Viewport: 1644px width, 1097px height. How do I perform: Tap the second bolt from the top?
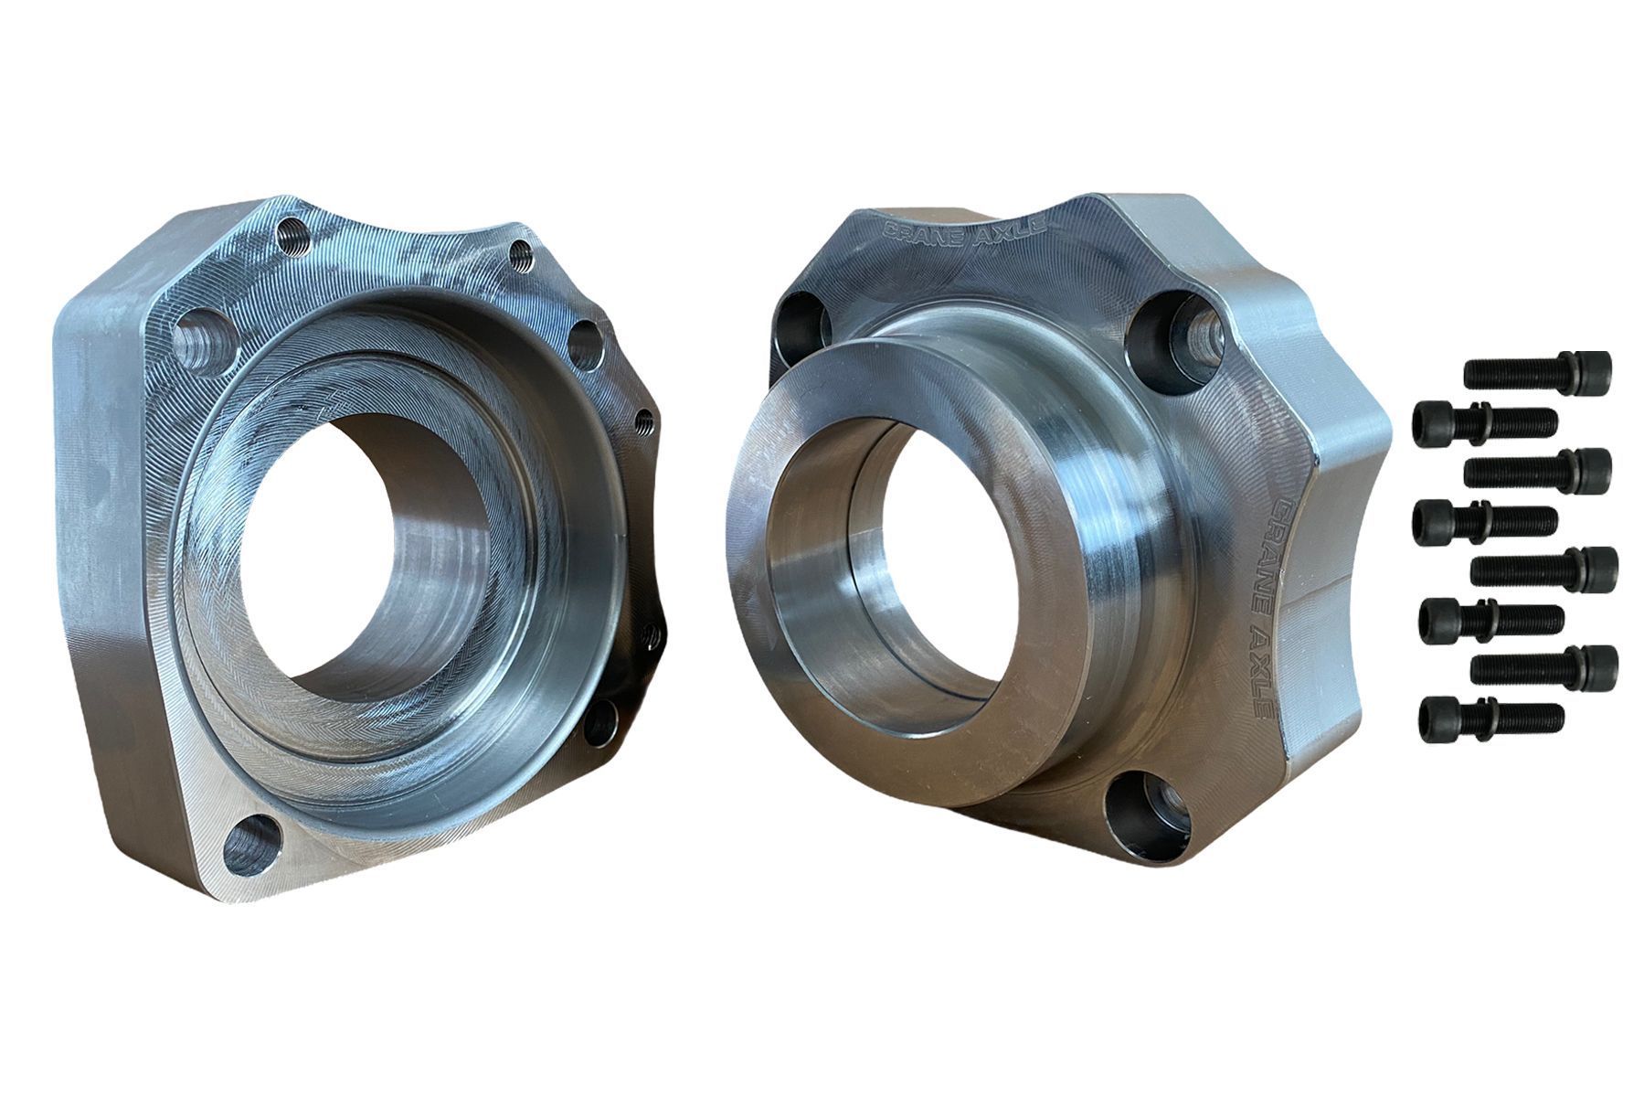pyautogui.click(x=1485, y=421)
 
